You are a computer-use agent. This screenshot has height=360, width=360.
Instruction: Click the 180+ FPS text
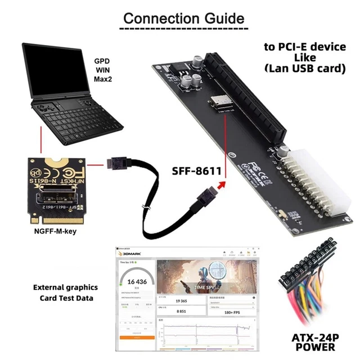[x=231, y=310]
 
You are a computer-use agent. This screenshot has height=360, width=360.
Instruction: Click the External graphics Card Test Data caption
[x=65, y=292]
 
